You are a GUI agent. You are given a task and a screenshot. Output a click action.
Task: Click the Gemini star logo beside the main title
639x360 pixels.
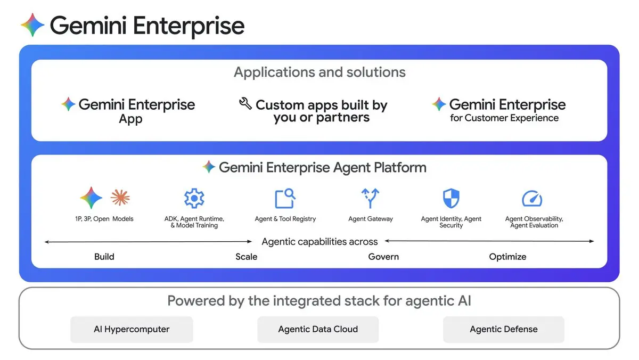[32, 25]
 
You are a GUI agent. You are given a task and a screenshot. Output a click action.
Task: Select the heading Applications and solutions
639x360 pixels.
[319, 72]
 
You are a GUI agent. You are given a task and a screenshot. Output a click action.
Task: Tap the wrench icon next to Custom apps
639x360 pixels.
[245, 103]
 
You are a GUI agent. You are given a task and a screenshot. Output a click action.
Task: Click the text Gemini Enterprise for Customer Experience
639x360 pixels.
[504, 110]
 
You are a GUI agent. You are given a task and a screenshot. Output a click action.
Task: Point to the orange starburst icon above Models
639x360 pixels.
[120, 198]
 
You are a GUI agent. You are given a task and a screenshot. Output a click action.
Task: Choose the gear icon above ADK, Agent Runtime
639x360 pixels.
[194, 198]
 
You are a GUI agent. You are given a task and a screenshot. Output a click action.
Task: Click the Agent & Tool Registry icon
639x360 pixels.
[285, 198]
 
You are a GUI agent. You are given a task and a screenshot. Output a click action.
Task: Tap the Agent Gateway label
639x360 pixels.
[371, 219]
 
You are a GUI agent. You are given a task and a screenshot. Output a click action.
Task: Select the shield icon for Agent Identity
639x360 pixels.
[451, 198]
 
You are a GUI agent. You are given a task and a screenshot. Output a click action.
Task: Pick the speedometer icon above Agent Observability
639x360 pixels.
[532, 199]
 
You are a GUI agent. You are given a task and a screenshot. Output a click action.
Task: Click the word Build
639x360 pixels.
[104, 257]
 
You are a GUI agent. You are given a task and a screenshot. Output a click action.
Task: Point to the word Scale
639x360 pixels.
[247, 257]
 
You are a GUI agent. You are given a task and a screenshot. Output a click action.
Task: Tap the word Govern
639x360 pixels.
[383, 257]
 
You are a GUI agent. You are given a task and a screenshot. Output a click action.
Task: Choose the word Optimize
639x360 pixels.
[507, 257]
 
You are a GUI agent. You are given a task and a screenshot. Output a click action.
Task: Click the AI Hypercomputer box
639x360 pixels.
[132, 329]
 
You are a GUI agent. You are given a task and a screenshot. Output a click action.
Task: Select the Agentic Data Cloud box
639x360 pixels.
[318, 329]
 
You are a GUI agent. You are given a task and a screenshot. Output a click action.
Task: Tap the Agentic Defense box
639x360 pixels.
[503, 329]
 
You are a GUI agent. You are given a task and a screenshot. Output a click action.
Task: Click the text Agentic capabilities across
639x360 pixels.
[319, 242]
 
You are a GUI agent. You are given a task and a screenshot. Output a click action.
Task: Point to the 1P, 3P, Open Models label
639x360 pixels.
[104, 219]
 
